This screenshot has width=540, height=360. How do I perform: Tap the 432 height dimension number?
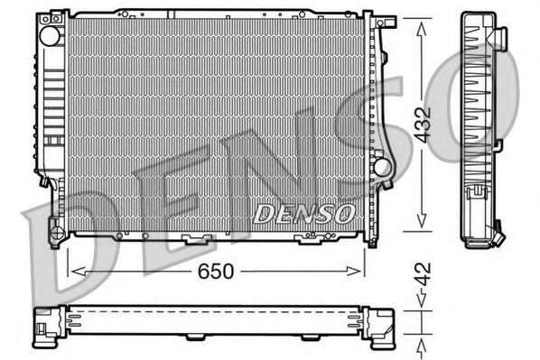click(423, 126)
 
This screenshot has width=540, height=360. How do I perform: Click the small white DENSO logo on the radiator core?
click(303, 214)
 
